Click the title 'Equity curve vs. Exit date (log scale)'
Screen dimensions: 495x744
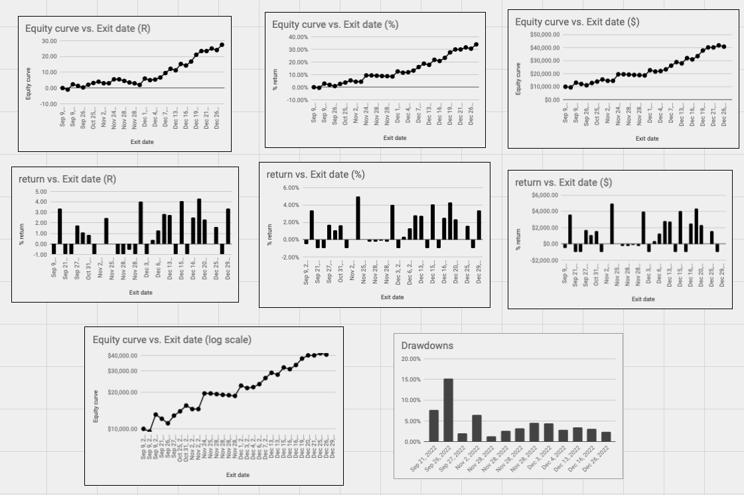click(172, 340)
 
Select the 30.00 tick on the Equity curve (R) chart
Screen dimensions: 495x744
click(49, 40)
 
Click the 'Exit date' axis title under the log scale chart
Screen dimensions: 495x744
click(238, 475)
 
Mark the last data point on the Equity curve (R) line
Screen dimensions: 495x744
click(222, 45)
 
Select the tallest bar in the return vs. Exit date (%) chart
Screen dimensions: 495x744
click(358, 218)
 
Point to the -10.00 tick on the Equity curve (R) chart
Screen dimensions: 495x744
click(48, 104)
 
